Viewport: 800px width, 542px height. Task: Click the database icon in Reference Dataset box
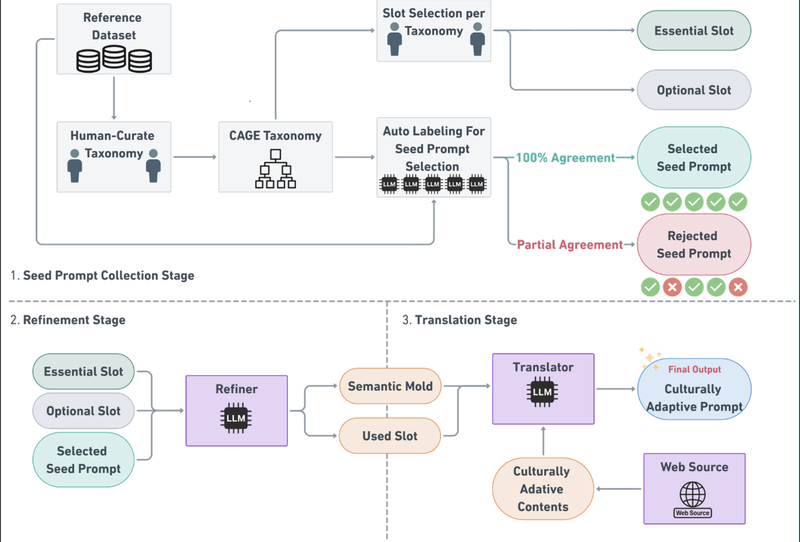coord(114,59)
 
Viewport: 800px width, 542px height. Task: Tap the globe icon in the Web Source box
coord(692,494)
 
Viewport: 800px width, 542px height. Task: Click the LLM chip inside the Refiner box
coord(236,418)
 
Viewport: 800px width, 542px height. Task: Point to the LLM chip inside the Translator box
coord(542,392)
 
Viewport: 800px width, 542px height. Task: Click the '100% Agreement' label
coord(565,158)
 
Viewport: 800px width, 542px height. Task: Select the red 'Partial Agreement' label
coord(569,245)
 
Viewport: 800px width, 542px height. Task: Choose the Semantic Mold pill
coord(390,386)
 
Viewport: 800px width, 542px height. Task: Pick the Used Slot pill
coord(390,436)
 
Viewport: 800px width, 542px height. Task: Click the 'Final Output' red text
coord(694,369)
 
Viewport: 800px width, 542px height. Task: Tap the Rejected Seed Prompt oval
coord(694,245)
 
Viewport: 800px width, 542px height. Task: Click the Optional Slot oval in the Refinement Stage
coord(83,411)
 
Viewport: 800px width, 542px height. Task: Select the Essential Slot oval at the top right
coord(694,31)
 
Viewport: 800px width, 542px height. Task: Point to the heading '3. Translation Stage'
coord(460,320)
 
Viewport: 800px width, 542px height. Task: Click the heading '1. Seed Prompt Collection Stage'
coord(102,275)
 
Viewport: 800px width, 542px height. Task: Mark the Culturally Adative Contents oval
coord(543,489)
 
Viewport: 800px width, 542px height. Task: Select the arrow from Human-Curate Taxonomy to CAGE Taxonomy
coord(195,157)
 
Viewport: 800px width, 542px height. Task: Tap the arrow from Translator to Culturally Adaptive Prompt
coord(616,389)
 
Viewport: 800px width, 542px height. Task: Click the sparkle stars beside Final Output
coord(650,358)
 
